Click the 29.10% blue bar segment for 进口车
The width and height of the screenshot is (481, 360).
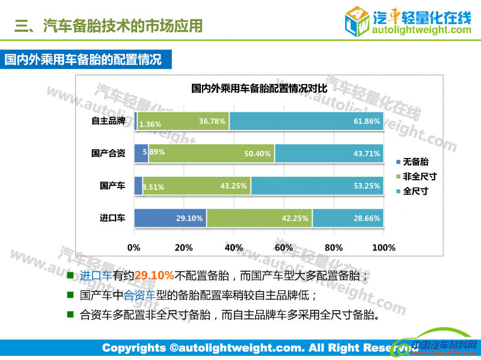[x=170, y=218]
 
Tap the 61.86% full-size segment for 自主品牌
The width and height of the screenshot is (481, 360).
[x=306, y=121]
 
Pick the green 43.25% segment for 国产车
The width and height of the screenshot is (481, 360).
[x=197, y=186]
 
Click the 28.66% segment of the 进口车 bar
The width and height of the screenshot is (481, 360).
[x=348, y=218]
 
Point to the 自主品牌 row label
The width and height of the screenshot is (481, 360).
[x=108, y=121]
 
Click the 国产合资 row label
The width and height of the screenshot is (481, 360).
[x=108, y=153]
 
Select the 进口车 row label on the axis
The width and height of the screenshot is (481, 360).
[x=112, y=218]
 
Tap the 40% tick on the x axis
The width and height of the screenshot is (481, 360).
[x=233, y=247]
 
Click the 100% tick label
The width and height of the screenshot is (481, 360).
[x=384, y=247]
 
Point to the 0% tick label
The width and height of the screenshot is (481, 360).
[x=133, y=247]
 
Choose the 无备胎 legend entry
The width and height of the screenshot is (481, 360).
[x=415, y=162]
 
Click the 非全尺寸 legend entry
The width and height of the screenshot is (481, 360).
[x=418, y=177]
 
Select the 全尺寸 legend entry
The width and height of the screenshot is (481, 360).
[x=415, y=191]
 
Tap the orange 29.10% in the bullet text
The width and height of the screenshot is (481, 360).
[x=154, y=276]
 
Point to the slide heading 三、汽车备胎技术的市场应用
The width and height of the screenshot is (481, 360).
[x=108, y=25]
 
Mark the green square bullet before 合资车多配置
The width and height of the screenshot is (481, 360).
[x=70, y=314]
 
